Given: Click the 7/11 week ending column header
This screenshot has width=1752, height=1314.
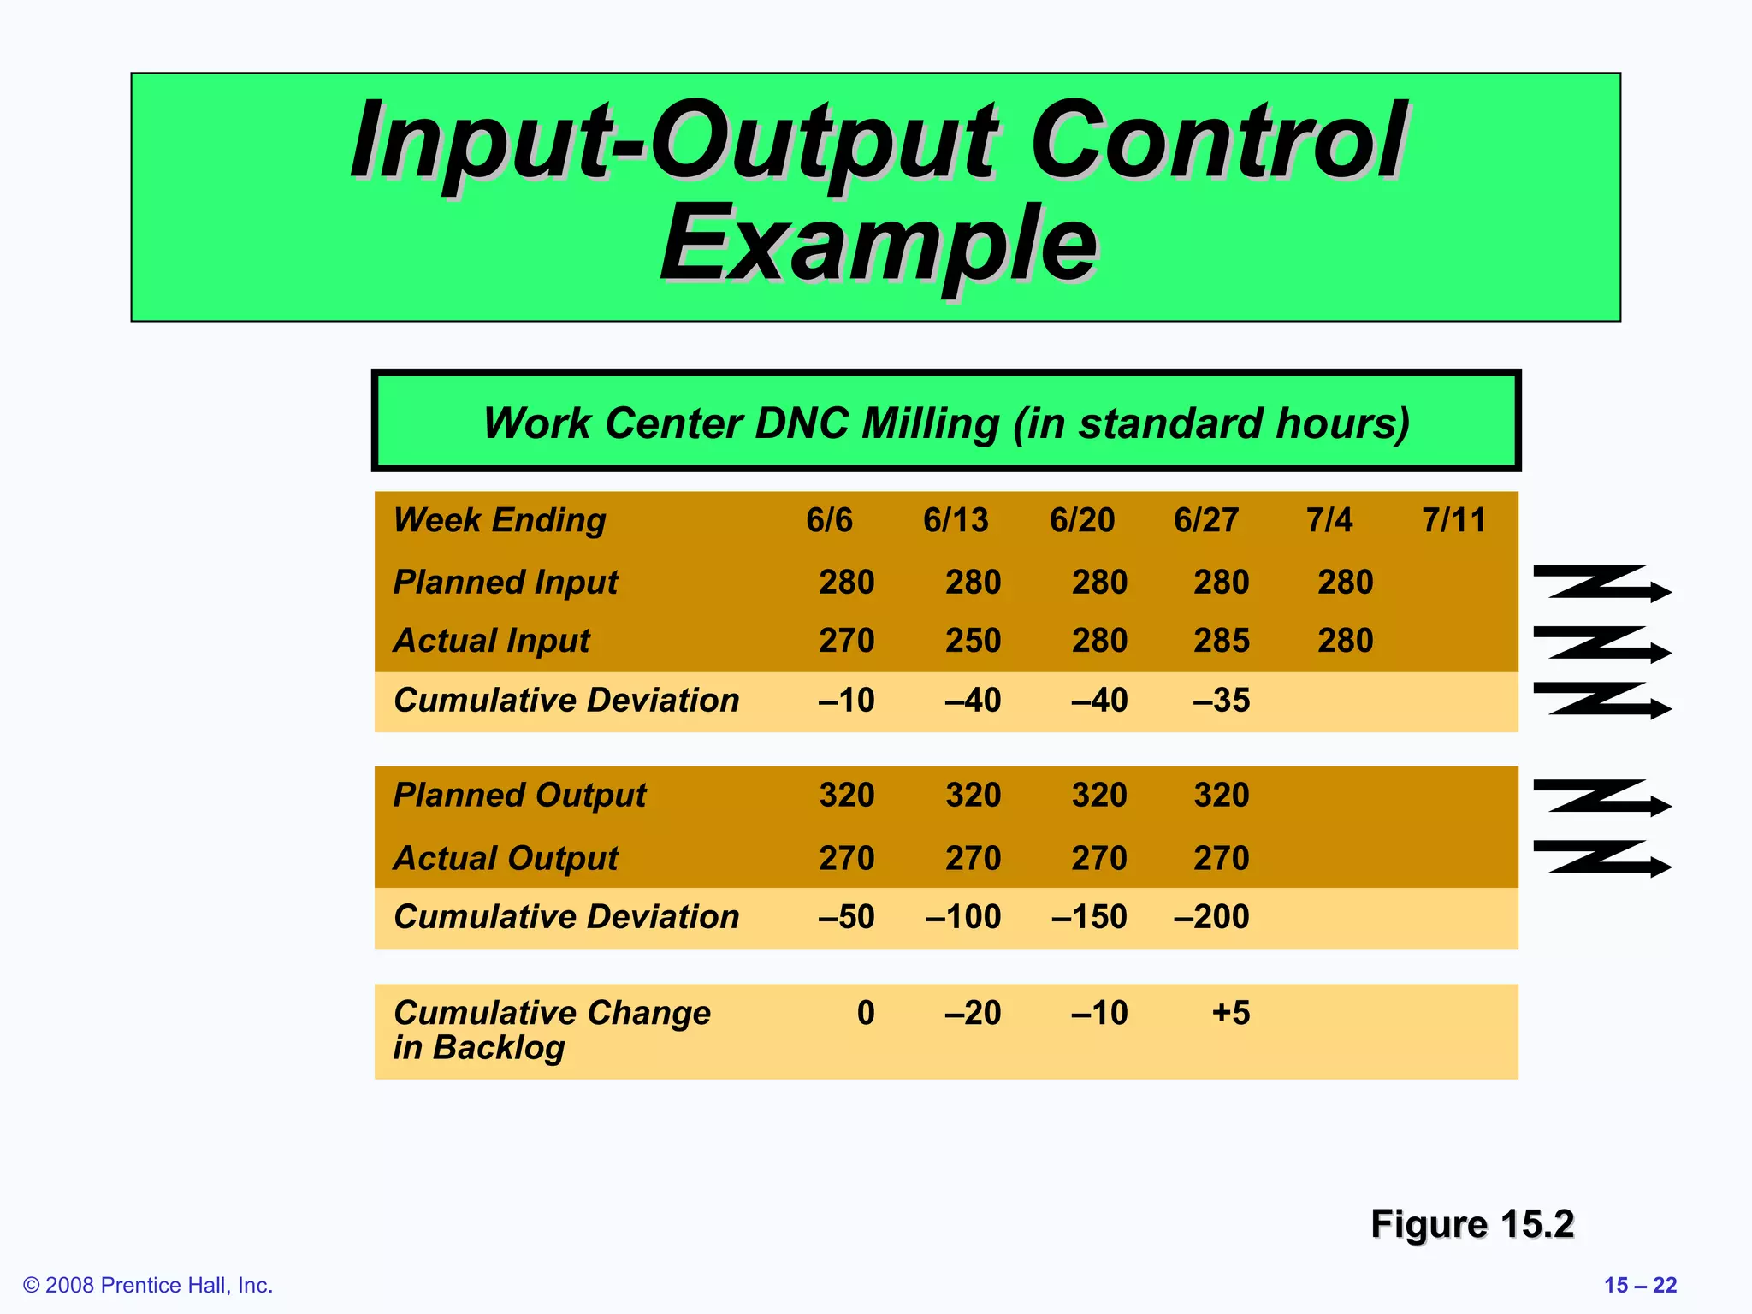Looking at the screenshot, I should click(1453, 520).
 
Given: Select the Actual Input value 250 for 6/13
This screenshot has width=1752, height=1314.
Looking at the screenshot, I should click(973, 641).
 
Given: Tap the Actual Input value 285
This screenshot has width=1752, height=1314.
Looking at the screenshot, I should click(1221, 641).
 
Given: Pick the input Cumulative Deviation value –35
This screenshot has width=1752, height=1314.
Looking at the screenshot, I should click(1221, 701).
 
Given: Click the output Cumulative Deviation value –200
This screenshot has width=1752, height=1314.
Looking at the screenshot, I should click(1211, 917).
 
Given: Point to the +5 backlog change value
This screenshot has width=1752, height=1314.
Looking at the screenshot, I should click(1231, 1013).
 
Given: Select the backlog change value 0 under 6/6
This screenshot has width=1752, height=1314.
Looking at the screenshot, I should click(866, 1013).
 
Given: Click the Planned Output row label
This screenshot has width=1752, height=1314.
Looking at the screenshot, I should click(519, 796).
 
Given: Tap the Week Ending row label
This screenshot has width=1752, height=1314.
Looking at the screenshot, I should click(500, 520).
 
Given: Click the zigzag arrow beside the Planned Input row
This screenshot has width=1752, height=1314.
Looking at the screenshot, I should click(1601, 583).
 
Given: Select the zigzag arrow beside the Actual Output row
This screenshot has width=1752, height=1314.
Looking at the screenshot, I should click(1601, 858).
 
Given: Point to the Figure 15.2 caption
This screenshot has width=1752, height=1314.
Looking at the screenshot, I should click(1471, 1224).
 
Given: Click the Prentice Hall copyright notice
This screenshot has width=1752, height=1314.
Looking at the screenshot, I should click(148, 1285).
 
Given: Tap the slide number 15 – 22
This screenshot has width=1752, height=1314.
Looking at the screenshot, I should click(1640, 1285).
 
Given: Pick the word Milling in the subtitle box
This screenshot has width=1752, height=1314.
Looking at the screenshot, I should click(931, 423).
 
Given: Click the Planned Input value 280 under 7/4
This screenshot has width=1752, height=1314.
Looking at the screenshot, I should click(1345, 583).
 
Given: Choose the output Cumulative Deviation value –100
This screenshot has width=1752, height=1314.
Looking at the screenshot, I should click(962, 917).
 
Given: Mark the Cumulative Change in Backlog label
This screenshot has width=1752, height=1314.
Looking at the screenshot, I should click(552, 1030).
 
